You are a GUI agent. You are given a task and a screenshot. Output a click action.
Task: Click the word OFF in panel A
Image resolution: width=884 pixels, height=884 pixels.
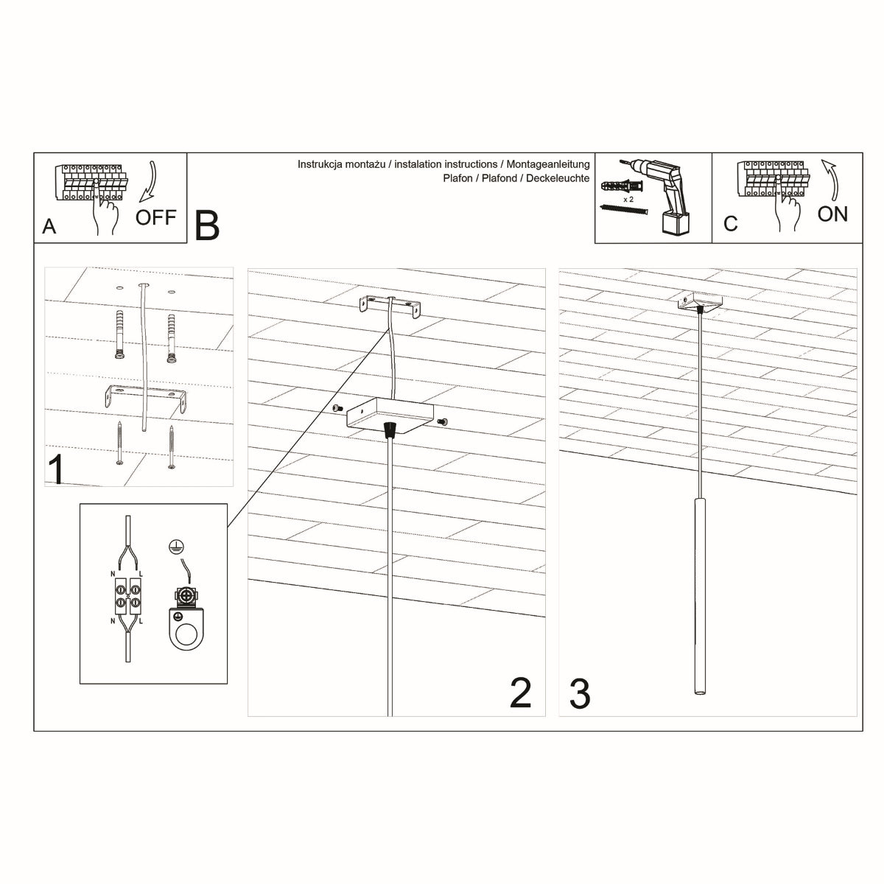pos(156,217)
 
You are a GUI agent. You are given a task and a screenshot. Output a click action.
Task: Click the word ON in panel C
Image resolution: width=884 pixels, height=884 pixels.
pos(832,214)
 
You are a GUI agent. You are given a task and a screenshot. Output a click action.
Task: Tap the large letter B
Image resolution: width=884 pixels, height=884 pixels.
pos(207,226)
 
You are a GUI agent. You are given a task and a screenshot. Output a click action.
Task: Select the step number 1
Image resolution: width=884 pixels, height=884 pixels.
pos(55,470)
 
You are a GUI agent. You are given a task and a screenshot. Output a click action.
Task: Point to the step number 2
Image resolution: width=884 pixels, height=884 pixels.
pos(520,693)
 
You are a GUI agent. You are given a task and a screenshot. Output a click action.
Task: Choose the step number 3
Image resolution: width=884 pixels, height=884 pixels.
pos(580,695)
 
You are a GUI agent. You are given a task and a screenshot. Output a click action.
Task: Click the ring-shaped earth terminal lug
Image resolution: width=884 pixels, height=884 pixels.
pos(188,626)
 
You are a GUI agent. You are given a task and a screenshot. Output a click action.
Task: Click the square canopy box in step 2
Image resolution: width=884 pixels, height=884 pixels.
pos(390,415)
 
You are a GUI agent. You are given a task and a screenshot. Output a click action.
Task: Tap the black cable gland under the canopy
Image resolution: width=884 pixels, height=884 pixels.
pos(390,430)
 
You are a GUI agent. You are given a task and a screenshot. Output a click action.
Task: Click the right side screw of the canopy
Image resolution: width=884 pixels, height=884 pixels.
pos(443,421)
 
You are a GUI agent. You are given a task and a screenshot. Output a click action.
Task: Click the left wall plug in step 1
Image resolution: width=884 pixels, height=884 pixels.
pos(119,334)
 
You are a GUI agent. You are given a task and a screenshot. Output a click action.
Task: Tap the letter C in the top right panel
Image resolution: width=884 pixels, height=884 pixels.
pos(730,224)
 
